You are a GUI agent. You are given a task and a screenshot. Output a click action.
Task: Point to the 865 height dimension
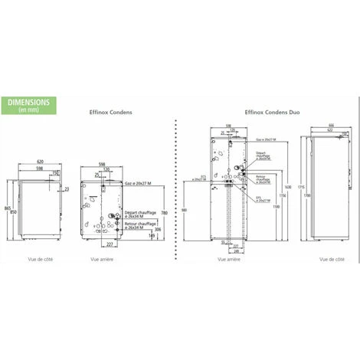(7, 208)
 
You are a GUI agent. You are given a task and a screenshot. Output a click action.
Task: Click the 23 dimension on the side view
(67, 188)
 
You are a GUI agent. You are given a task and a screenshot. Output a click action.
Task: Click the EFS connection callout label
(257, 198)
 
